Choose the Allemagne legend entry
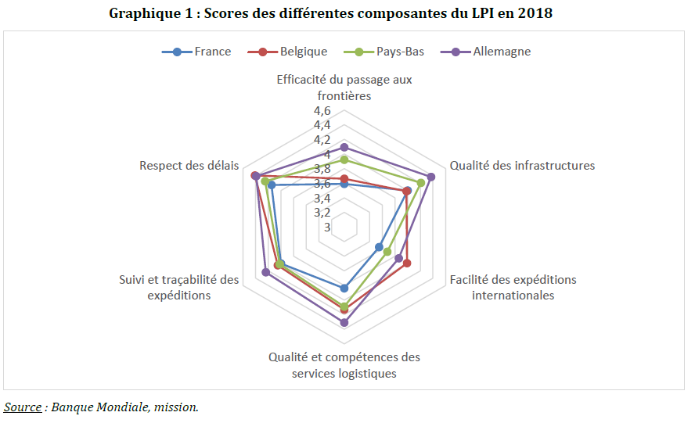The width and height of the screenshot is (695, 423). [501, 52]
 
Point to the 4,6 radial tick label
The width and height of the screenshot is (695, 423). [322, 110]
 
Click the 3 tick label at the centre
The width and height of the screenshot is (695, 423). [326, 227]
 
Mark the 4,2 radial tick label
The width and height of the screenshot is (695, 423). [322, 139]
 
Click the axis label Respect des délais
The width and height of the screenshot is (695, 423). [189, 165]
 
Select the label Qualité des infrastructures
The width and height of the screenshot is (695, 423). [522, 165]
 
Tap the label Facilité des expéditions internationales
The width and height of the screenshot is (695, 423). [513, 287]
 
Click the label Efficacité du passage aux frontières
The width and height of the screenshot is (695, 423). [344, 88]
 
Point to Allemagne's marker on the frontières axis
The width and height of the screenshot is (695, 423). [344, 147]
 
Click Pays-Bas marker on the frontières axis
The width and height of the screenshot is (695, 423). [344, 160]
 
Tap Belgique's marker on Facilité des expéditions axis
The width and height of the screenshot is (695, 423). [407, 263]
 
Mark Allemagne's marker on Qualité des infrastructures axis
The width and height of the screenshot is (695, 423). [431, 177]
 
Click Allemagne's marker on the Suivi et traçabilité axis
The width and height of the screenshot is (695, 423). [265, 272]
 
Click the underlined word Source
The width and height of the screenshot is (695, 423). [23, 407]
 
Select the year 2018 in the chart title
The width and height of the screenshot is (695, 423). [535, 13]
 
